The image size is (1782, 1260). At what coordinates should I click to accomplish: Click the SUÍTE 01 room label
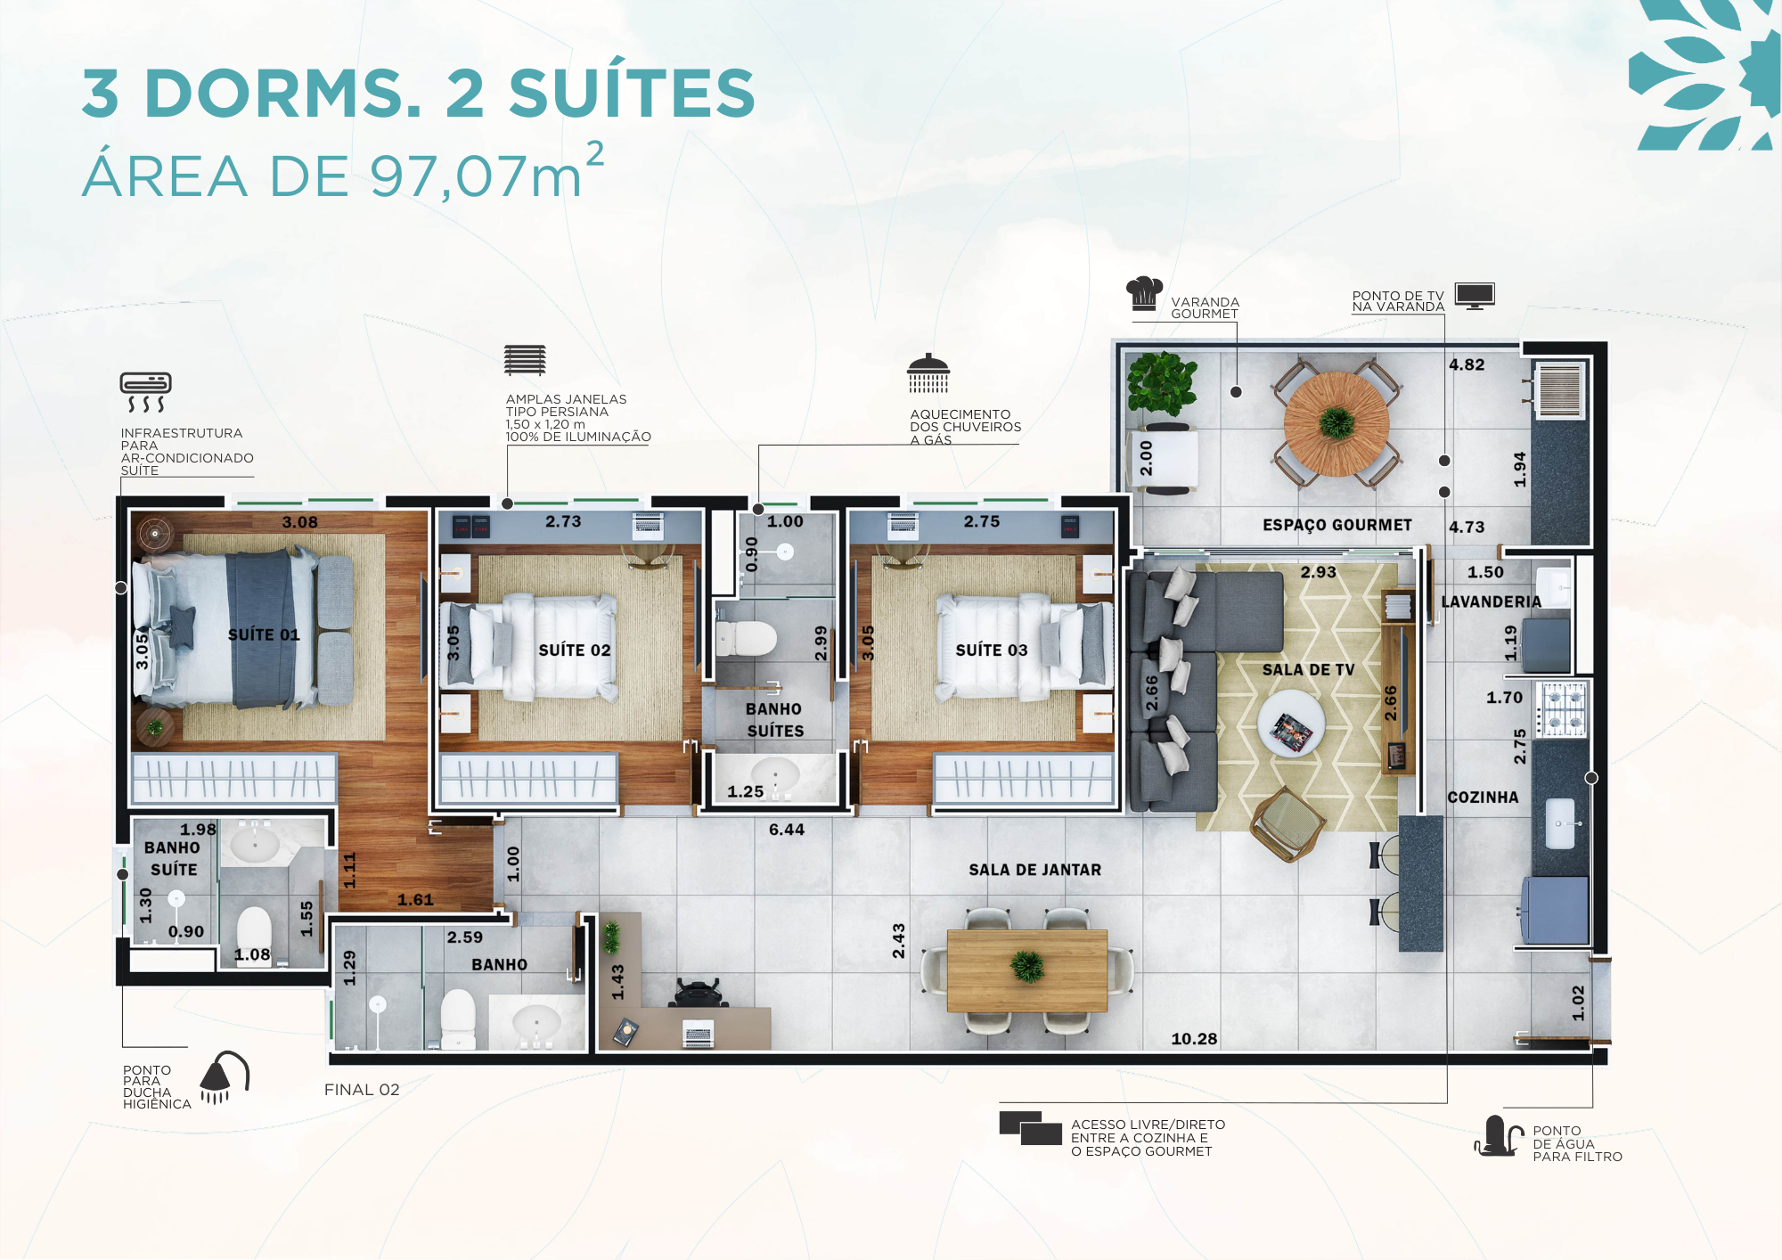point(264,634)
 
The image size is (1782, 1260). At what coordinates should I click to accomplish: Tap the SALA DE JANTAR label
point(1035,870)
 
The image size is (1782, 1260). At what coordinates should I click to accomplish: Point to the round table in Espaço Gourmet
point(1336,424)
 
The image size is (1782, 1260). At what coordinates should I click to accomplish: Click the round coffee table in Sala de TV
point(1291,724)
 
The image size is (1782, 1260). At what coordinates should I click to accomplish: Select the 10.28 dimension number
point(1194,1039)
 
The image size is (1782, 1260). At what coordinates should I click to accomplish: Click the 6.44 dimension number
point(787,830)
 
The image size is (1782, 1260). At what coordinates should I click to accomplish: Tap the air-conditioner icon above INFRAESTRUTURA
point(146,392)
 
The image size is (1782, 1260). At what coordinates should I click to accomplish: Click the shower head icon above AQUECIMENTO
point(928,373)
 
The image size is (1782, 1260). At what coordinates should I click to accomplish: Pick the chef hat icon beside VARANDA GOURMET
point(1144,293)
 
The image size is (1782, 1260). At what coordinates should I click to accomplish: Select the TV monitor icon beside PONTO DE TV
point(1475,296)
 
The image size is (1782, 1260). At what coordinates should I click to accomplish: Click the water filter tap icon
point(1499,1136)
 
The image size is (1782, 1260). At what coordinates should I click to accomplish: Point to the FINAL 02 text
point(362,1090)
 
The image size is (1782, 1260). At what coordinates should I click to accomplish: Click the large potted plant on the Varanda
point(1161,384)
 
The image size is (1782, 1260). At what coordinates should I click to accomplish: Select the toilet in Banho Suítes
point(746,638)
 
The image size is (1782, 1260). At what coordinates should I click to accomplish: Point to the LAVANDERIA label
point(1491,602)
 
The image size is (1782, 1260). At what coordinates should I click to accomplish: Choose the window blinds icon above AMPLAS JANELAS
point(525,360)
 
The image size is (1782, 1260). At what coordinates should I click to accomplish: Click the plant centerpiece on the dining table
point(1027,967)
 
